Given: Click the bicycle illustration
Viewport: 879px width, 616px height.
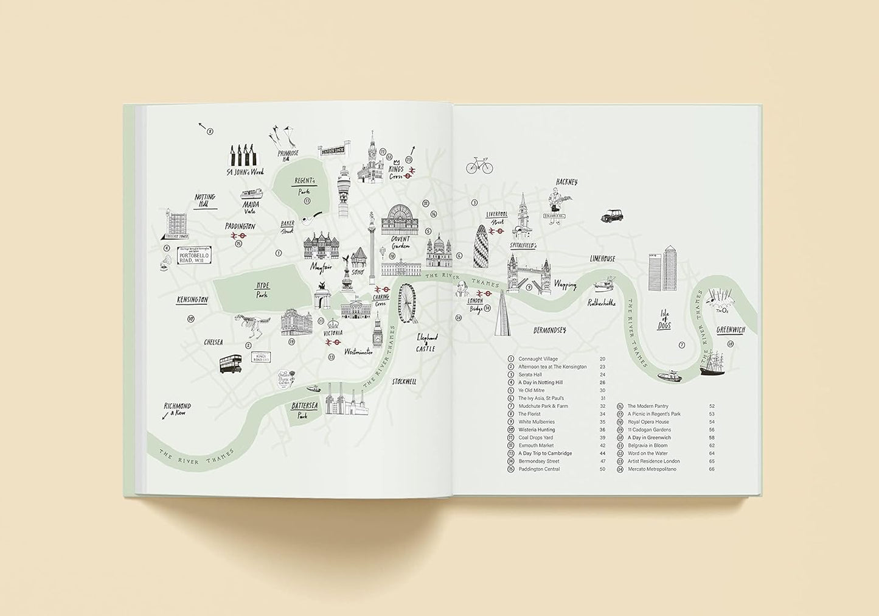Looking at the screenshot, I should point(479,166).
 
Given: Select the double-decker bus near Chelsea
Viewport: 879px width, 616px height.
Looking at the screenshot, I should point(231,363).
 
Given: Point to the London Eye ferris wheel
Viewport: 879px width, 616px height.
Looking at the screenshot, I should point(408,303).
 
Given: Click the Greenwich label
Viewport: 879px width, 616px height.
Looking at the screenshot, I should point(730,330).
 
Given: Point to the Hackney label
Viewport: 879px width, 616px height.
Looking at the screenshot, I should point(566,181).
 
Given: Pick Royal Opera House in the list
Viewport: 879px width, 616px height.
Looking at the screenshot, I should point(648,422).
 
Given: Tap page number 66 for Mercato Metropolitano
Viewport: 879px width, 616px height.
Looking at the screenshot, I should point(711,469).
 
